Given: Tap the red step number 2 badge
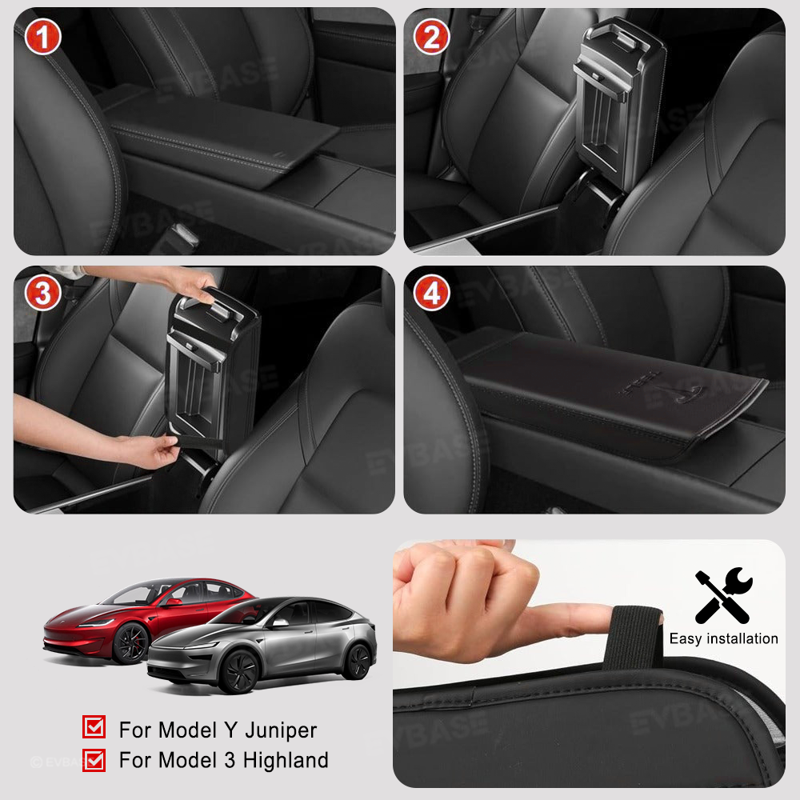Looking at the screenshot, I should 431,38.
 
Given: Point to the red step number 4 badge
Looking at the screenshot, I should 431,294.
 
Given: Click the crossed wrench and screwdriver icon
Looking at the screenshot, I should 722,597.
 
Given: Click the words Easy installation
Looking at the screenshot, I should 723,638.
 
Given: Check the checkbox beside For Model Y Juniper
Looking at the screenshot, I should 94,727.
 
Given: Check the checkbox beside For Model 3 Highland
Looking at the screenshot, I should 94,759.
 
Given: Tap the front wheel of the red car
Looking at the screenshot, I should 130,645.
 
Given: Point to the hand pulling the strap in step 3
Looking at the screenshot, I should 152,451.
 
